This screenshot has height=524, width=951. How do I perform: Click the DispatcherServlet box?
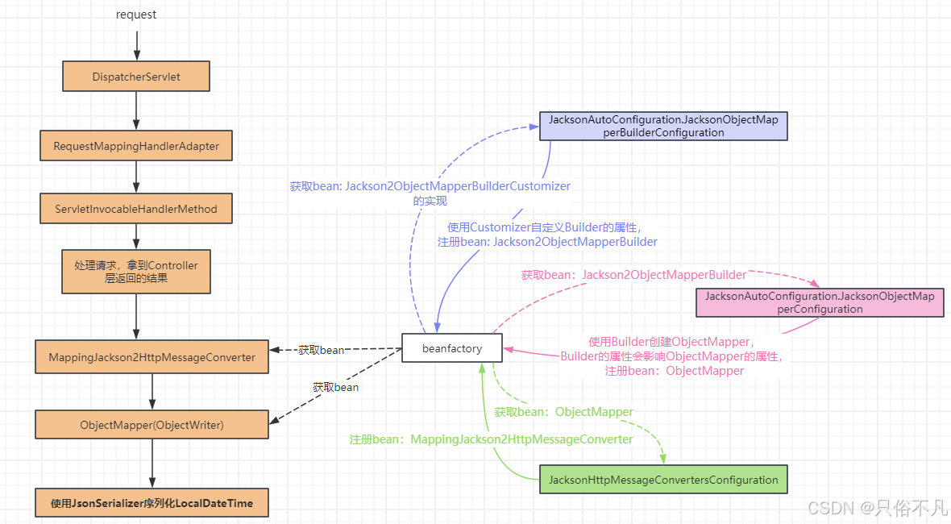136,77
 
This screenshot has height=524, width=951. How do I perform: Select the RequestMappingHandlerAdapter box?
136,147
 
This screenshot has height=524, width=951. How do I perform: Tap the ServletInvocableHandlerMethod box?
136,209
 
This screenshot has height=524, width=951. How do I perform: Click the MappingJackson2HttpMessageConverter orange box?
152,357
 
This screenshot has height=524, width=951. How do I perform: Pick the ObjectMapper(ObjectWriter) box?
152,425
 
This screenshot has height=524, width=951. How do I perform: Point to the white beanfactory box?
452,348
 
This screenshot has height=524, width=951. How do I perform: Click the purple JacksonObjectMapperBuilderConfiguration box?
663,126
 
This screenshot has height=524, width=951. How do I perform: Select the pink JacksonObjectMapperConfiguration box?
820,302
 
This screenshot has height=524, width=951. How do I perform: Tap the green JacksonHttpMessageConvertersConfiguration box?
663,480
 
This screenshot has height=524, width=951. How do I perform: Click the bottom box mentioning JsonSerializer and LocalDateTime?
152,503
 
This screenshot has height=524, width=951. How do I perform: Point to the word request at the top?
136,15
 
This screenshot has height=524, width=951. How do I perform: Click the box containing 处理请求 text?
136,271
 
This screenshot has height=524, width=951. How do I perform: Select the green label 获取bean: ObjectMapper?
563,412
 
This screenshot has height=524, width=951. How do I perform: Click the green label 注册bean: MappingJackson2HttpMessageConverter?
491,439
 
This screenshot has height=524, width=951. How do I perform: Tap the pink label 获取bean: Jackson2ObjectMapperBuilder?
633,275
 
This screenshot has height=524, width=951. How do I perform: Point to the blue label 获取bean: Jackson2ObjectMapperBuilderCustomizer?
430,186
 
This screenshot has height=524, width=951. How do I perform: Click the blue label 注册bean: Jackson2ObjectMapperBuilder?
547,242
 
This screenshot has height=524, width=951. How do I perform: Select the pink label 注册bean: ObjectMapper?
674,371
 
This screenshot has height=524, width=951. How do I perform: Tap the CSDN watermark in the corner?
877,507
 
